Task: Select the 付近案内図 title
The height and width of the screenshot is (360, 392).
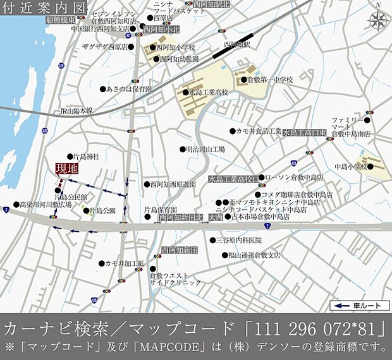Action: click(x=44, y=8)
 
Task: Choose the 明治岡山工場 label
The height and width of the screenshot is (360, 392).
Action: click(x=205, y=150)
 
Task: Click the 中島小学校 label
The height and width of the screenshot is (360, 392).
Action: click(x=350, y=167)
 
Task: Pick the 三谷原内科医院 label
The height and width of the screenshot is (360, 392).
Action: click(x=238, y=240)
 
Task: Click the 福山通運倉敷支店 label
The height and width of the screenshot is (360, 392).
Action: click(x=255, y=256)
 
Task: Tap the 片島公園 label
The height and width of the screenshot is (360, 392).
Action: click(x=102, y=210)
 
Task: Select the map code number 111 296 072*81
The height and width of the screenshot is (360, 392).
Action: click(x=322, y=329)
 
